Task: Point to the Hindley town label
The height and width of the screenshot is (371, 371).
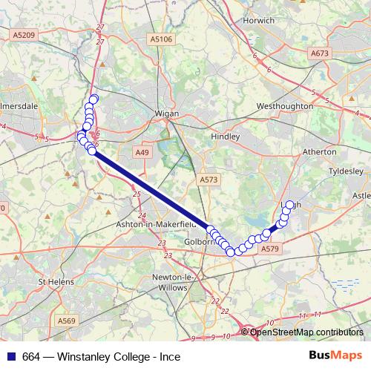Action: (226, 137)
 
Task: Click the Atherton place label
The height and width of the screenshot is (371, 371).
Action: (320, 151)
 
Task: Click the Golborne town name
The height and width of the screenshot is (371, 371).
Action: (198, 242)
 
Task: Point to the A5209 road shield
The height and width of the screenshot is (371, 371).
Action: (24, 34)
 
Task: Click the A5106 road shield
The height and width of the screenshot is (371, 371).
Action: (160, 39)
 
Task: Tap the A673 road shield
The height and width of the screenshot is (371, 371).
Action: (319, 53)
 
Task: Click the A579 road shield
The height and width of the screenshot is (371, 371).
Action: (269, 250)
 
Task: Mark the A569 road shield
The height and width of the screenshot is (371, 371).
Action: (68, 321)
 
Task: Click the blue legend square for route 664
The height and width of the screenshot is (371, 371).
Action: (10, 356)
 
